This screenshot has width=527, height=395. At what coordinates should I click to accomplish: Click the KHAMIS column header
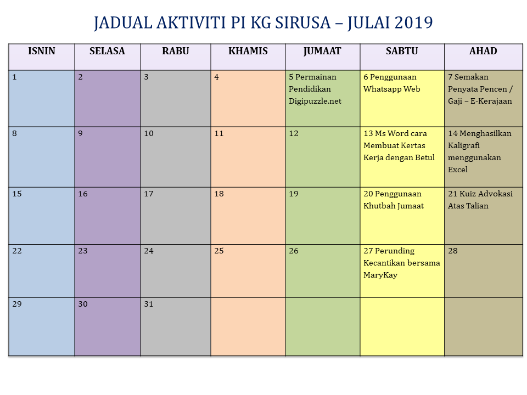click(x=248, y=51)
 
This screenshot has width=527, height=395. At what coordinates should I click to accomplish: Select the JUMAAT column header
click(x=322, y=52)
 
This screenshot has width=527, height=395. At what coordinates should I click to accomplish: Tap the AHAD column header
click(x=483, y=51)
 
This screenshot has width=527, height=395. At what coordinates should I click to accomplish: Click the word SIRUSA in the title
click(x=303, y=23)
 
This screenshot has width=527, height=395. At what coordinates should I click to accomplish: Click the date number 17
click(x=149, y=194)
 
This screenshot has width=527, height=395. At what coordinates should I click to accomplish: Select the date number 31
click(x=149, y=304)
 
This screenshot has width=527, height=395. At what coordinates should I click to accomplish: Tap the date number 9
click(x=80, y=133)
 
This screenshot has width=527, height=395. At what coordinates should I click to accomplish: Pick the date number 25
click(x=219, y=251)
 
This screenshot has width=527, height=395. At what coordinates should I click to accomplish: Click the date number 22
click(x=17, y=251)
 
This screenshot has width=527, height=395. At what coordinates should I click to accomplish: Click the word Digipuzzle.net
click(x=315, y=101)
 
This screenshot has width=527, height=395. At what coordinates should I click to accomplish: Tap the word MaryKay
click(x=380, y=275)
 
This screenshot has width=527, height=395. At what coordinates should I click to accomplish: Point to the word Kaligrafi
click(x=464, y=145)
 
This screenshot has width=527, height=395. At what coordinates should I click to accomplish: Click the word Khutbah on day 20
click(x=378, y=206)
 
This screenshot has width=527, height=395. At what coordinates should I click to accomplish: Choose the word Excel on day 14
click(x=457, y=170)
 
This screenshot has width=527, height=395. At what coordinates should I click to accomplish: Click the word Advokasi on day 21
click(x=495, y=194)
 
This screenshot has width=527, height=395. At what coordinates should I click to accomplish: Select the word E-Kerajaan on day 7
click(x=491, y=101)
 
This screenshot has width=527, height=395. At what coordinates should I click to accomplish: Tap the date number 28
click(x=453, y=251)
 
